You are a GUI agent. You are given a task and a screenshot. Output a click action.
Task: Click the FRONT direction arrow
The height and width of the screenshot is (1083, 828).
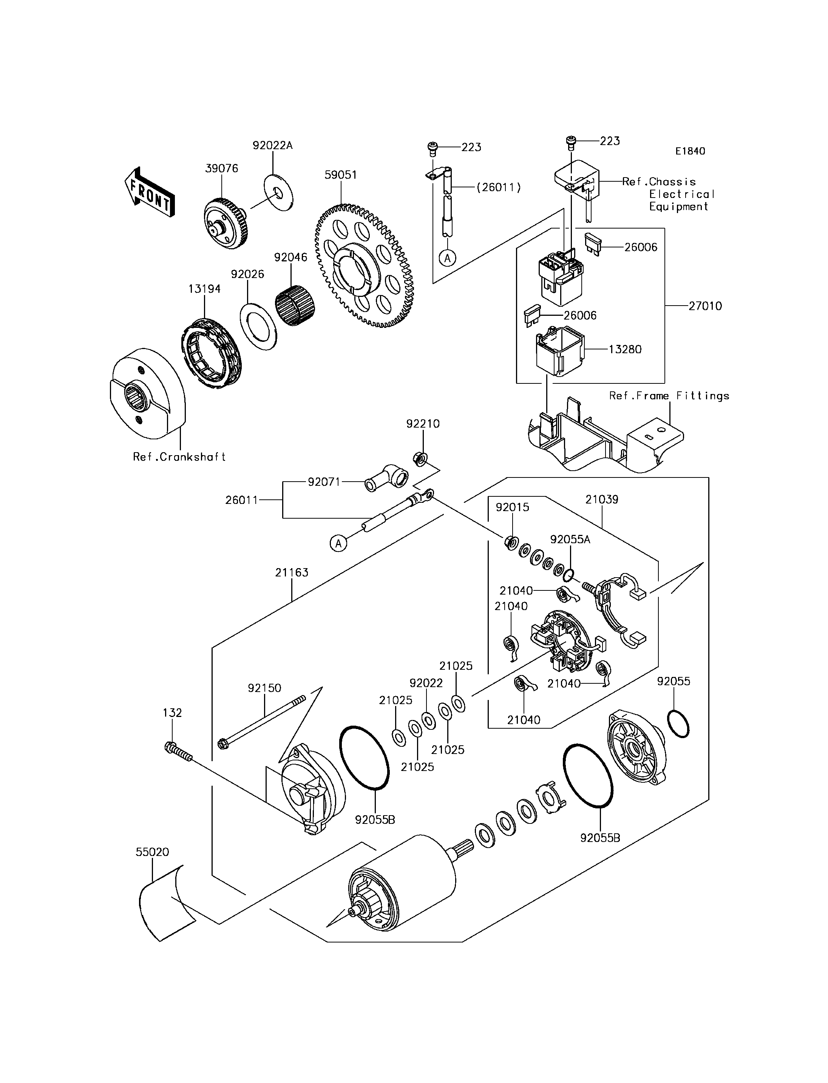(149, 193)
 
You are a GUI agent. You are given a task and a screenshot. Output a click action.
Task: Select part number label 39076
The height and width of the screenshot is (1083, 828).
(221, 168)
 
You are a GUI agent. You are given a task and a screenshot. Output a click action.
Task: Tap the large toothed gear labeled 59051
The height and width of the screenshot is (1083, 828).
(364, 266)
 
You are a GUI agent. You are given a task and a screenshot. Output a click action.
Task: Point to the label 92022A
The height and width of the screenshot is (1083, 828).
(273, 145)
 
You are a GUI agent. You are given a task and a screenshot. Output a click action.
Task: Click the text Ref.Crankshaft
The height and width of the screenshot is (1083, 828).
(179, 457)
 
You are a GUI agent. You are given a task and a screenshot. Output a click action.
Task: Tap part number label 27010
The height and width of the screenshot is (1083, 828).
(705, 306)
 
